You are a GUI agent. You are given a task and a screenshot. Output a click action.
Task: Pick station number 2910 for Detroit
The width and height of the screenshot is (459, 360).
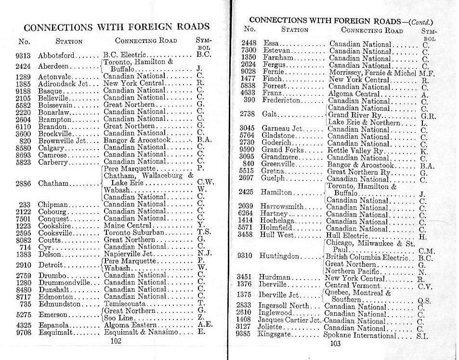(24, 265)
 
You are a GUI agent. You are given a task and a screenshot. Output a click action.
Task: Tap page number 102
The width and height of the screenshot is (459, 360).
(116, 341)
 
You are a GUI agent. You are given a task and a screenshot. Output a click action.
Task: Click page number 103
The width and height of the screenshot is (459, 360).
(336, 343)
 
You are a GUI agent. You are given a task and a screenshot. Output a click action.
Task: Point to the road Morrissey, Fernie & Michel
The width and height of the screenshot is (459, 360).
(373, 73)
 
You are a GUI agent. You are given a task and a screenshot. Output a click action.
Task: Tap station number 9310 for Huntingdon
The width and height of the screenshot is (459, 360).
(249, 255)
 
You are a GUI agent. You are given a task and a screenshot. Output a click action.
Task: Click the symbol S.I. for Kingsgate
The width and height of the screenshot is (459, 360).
(422, 335)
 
